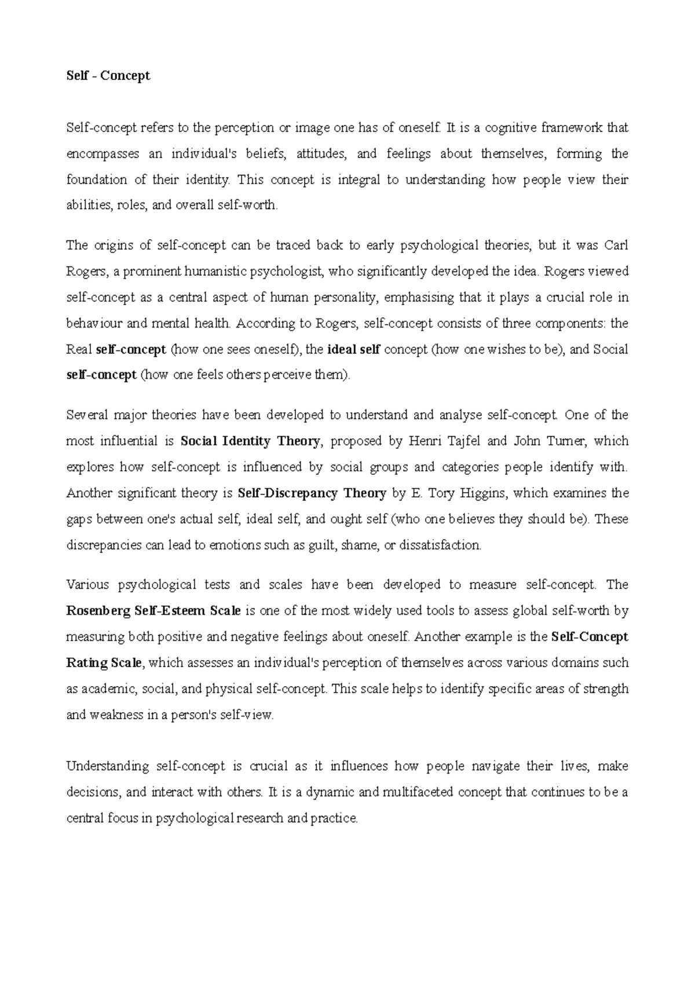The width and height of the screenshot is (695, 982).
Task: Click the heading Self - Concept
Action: click(108, 76)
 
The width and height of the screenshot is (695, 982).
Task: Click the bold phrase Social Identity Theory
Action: click(250, 441)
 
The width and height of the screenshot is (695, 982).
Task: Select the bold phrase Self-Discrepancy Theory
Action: click(312, 493)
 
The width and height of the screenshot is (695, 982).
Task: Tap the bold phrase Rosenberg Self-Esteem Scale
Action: click(153, 611)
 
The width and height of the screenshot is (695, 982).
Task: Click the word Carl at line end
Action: click(616, 245)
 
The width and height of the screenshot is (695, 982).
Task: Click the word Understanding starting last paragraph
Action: click(108, 767)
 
